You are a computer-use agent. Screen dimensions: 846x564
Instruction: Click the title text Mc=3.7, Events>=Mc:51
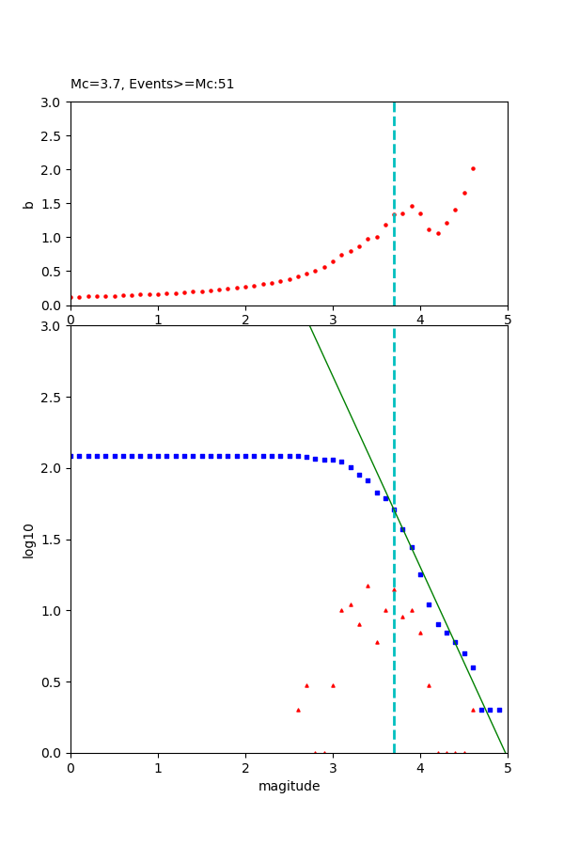point(152,85)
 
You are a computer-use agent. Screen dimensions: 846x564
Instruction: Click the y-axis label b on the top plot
point(29,203)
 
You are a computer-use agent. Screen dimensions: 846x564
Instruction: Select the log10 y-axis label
point(29,540)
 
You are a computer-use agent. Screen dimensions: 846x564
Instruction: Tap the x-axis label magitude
point(289,786)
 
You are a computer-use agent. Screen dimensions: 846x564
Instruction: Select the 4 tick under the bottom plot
point(420,767)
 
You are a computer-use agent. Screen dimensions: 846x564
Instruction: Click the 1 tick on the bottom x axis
point(158,767)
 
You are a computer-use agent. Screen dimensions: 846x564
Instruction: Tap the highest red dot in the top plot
point(473,169)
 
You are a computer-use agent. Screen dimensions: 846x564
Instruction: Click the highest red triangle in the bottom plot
point(368,586)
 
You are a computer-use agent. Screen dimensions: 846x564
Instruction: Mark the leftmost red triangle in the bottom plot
point(298,710)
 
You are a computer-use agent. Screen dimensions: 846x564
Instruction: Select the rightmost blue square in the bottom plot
point(499,710)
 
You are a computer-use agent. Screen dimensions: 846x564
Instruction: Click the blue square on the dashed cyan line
point(394,509)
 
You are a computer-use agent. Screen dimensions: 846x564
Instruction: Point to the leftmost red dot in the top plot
point(71,297)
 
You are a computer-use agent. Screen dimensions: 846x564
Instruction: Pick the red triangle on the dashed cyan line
point(394,590)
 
